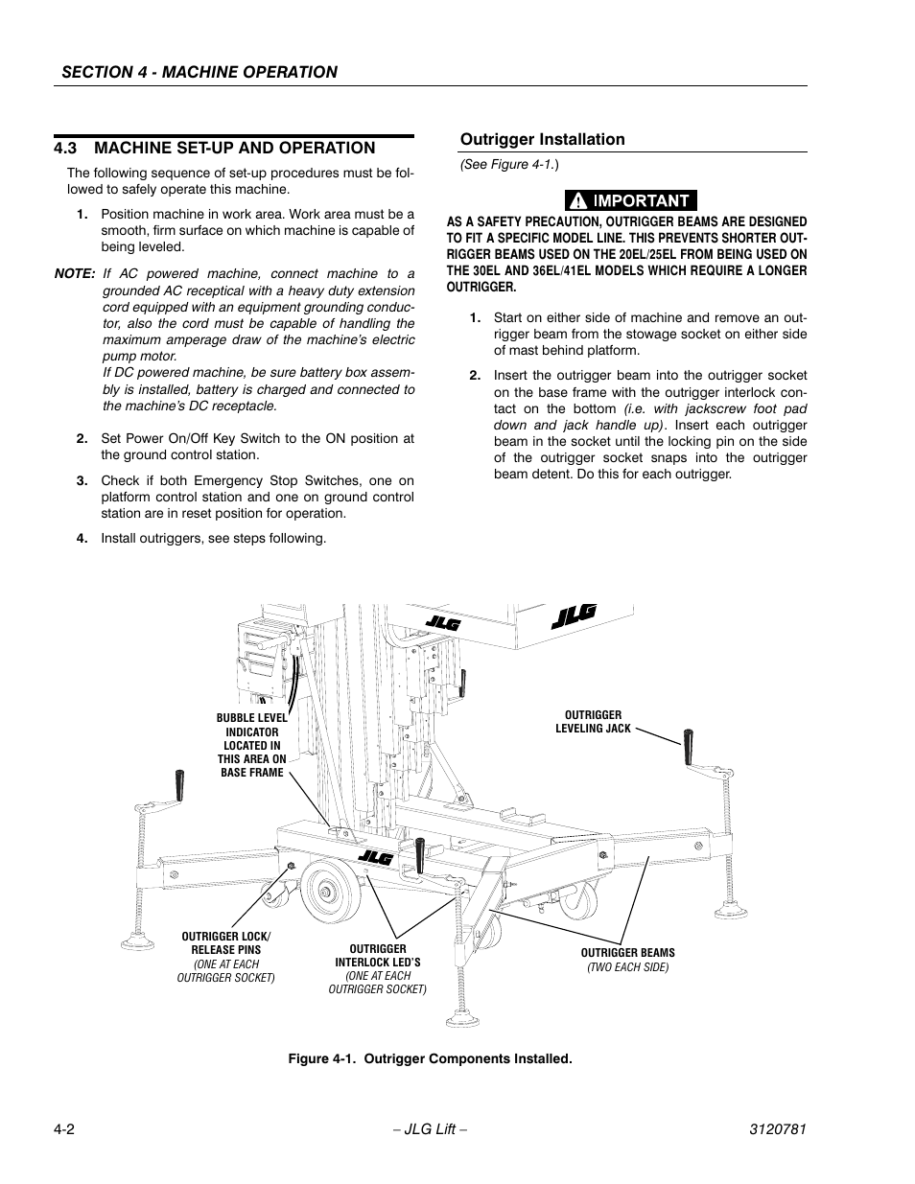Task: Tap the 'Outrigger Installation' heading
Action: click(x=542, y=139)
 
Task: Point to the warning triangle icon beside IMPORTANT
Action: click(x=578, y=201)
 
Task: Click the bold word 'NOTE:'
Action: click(x=75, y=273)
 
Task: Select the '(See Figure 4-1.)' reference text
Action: click(x=509, y=165)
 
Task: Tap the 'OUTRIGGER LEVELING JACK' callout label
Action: click(x=593, y=722)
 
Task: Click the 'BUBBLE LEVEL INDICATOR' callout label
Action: click(x=251, y=745)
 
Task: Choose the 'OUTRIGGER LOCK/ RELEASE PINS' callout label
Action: click(x=226, y=943)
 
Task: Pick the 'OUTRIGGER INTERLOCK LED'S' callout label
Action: click(x=378, y=956)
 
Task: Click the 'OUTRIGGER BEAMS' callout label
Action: click(x=627, y=953)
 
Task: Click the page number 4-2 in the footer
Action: click(x=65, y=1129)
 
